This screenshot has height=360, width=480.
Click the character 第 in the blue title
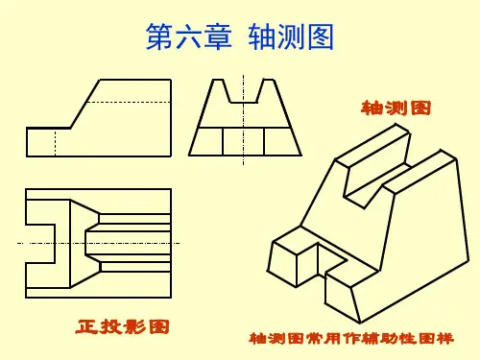click(160, 36)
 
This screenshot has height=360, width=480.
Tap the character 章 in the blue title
click(218, 36)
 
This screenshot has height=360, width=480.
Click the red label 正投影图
click(122, 326)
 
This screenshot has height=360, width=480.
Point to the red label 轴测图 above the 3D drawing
click(396, 108)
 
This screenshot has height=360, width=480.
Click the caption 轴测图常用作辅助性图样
click(351, 339)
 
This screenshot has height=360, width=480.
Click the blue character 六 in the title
click(189, 36)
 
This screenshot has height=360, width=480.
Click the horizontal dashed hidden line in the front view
click(129, 103)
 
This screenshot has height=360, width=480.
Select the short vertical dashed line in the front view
click(55, 143)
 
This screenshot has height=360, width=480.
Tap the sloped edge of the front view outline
click(85, 104)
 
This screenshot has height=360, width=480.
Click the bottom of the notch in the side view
click(244, 103)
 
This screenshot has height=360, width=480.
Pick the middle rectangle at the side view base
click(243, 142)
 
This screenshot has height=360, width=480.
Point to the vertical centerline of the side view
click(243, 120)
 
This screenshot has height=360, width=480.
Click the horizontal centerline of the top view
click(98, 243)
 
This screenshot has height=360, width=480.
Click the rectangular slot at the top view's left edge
click(40, 244)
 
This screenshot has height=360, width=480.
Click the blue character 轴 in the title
click(262, 36)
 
